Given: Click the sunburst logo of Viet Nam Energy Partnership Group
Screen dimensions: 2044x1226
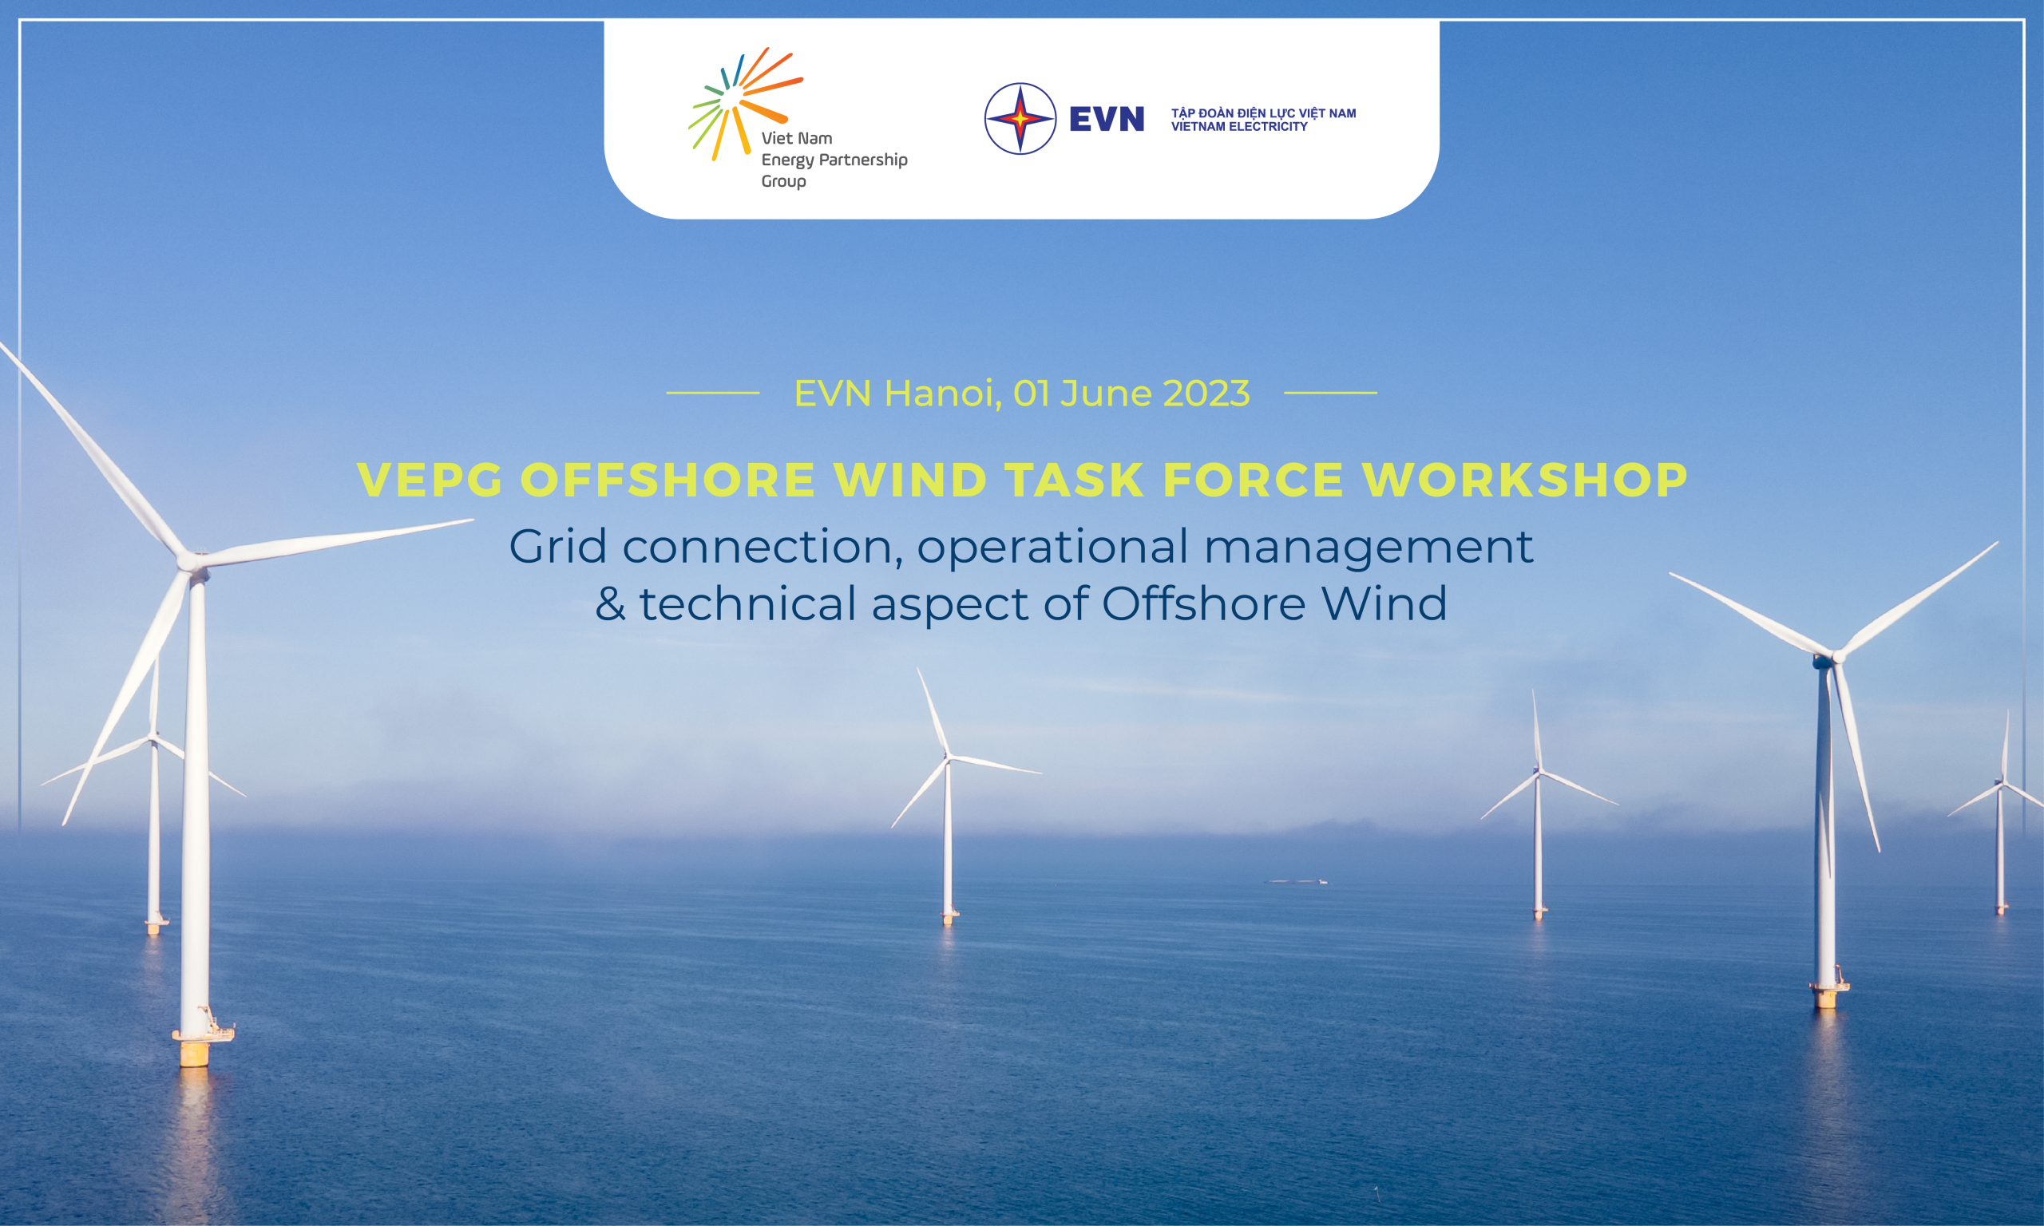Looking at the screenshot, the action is click(743, 104).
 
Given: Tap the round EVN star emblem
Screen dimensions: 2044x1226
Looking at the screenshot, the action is click(1020, 118).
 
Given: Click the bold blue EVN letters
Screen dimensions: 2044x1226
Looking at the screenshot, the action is click(1107, 119).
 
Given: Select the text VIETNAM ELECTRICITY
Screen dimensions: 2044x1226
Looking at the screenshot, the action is click(1239, 126).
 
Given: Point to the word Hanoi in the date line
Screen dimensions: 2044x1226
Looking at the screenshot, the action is click(943, 394).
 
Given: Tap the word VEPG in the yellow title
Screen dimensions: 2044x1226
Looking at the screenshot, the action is click(430, 479).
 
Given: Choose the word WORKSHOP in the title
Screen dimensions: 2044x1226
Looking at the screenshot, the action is click(1524, 479).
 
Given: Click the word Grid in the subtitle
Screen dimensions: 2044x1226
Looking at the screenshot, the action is click(557, 546).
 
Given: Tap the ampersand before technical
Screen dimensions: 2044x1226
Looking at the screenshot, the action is click(610, 603).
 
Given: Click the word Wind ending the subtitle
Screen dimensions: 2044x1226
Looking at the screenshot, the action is click(1384, 603).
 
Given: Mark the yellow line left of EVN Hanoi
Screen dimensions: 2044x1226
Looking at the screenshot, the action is click(713, 394).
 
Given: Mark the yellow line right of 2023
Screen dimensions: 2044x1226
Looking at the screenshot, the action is click(1330, 394).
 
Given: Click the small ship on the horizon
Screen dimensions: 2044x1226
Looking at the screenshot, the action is click(1298, 881).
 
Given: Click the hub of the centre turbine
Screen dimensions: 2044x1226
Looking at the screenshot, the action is click(949, 756).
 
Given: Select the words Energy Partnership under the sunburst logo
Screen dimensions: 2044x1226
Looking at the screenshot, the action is click(834, 160).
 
